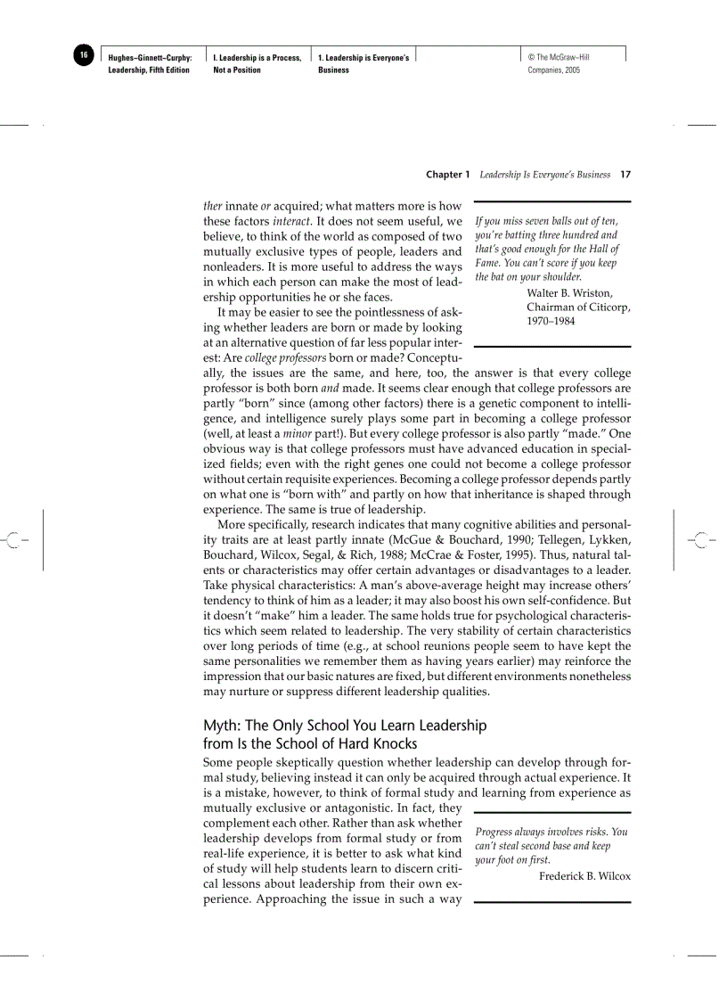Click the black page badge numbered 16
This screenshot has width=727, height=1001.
83,56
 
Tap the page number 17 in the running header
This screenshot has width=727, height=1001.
625,175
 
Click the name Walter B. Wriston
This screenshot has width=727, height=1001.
569,293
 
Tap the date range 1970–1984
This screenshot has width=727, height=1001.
551,321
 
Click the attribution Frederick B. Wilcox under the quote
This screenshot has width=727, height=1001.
584,876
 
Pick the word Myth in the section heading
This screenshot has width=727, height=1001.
221,726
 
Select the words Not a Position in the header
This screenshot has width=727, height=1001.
237,70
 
